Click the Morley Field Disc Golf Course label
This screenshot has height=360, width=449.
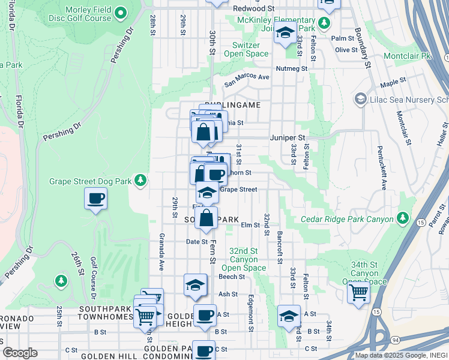point(81,13)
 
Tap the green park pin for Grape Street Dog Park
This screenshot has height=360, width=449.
point(140,180)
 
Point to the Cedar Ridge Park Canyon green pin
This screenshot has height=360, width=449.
point(403,217)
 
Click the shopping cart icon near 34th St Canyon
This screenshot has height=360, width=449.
point(358,293)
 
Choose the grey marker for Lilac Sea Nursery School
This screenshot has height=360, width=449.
point(361,98)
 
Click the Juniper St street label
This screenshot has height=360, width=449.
point(288,137)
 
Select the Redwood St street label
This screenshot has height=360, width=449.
point(253,9)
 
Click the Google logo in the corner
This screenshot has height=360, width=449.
point(20,353)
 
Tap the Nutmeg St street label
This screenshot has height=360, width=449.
point(291,68)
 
